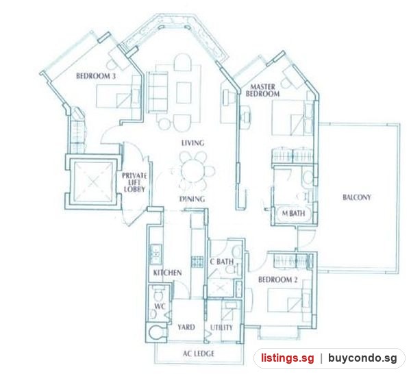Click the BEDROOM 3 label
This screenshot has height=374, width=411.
click(96, 76)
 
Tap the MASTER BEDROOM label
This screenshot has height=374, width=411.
click(262, 90)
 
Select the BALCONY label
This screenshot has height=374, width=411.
click(357, 197)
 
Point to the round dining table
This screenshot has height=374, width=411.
click(192, 171)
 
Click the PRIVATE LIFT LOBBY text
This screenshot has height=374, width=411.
click(134, 182)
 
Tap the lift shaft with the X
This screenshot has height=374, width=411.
click(92, 182)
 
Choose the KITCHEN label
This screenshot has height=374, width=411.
click(167, 273)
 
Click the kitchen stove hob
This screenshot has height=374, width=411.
click(197, 261)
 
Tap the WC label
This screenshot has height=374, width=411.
click(160, 306)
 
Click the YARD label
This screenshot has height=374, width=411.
click(186, 327)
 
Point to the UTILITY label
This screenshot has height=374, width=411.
click(221, 327)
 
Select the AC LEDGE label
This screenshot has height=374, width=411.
click(198, 353)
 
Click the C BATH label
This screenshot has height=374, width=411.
click(222, 261)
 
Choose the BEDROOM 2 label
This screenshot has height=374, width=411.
click(278, 279)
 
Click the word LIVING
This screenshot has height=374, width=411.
click(192, 143)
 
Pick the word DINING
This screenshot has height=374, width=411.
click(192, 199)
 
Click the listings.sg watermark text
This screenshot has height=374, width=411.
click(287, 358)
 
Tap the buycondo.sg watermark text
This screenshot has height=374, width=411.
click(362, 358)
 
